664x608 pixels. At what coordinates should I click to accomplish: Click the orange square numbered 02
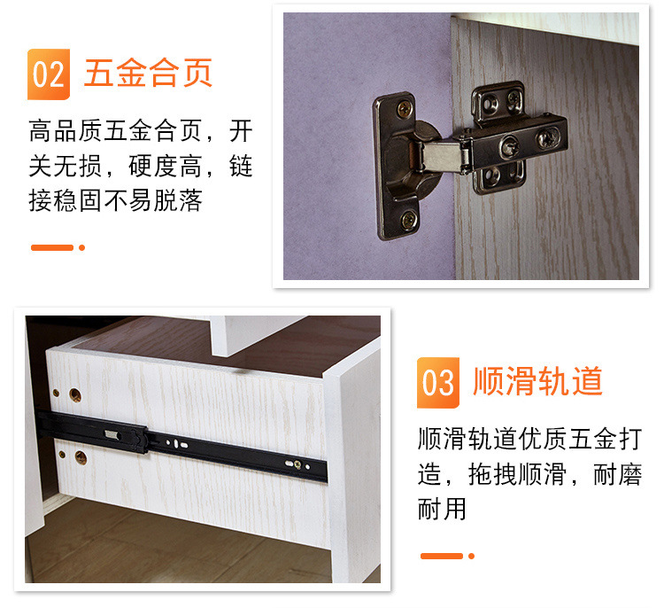(x=48, y=74)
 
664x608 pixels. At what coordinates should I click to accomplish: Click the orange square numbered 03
(x=437, y=382)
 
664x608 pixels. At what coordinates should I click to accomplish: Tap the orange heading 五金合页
(x=149, y=72)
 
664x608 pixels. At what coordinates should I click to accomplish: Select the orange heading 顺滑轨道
(x=538, y=381)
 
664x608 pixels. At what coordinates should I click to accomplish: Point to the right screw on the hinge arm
(x=547, y=137)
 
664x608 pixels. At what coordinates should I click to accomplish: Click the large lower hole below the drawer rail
(x=80, y=457)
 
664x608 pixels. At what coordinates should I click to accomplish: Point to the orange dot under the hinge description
(x=82, y=247)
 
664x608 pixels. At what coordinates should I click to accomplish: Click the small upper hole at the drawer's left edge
(x=57, y=391)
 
